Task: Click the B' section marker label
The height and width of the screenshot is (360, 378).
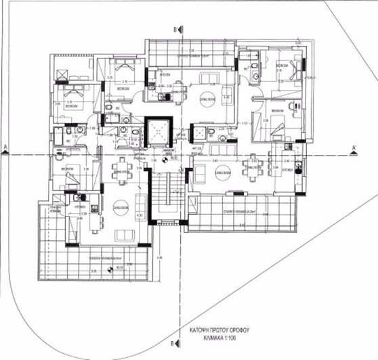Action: [x=176, y=29]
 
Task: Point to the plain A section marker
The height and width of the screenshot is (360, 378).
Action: [x=5, y=147]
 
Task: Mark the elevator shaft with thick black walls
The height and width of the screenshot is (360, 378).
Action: [x=158, y=131]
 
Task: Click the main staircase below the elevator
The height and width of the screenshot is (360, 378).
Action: [x=161, y=193]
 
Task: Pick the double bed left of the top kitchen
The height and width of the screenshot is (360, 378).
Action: [x=123, y=68]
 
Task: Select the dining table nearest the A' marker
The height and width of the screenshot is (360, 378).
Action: [x=253, y=164]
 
